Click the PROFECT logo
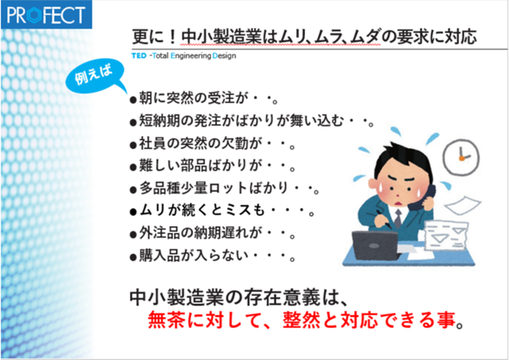pyautogui.click(x=46, y=14)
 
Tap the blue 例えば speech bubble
pyautogui.click(x=94, y=78)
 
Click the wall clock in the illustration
pyautogui.click(x=461, y=157)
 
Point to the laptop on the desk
pyautogui.click(x=375, y=245)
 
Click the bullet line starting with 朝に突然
pyautogui.click(x=204, y=98)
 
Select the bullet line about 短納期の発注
pyautogui.click(x=252, y=121)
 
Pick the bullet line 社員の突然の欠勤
pyautogui.click(x=213, y=143)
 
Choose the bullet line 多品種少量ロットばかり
pyautogui.click(x=224, y=188)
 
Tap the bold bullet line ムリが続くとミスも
pyautogui.click(x=222, y=211)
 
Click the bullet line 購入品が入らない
pyautogui.click(x=213, y=256)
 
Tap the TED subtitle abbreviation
pyautogui.click(x=139, y=56)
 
